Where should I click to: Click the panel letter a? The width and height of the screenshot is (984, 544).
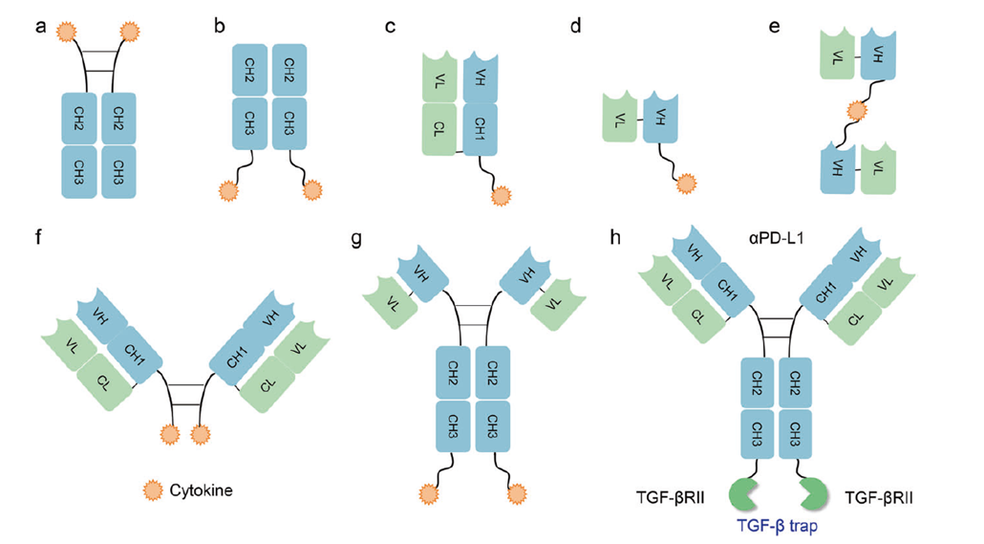(41, 26)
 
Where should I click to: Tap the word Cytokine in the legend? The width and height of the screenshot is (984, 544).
(203, 490)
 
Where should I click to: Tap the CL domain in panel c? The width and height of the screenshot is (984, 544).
(439, 128)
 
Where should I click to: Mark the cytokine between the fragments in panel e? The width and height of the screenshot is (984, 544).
(858, 112)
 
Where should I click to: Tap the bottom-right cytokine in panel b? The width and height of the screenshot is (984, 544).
(312, 190)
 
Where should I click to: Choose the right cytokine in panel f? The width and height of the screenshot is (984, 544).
(199, 436)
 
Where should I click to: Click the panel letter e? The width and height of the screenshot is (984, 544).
(775, 26)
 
